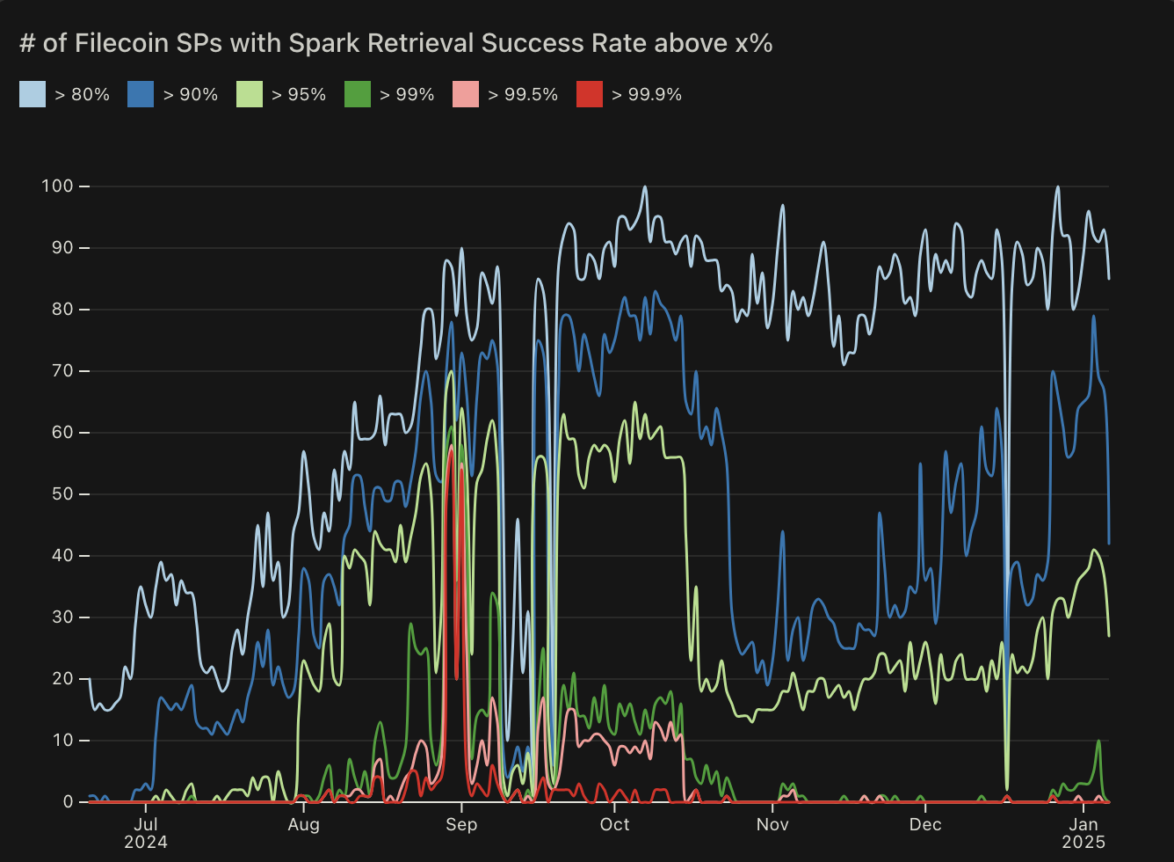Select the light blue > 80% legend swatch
(x=33, y=94)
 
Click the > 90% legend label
(x=191, y=94)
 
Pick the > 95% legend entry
(x=299, y=94)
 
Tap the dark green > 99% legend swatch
(x=358, y=94)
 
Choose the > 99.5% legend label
(x=523, y=94)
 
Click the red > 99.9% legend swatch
(x=590, y=94)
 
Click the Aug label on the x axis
(x=303, y=824)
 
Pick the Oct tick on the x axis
(x=615, y=824)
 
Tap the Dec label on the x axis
(x=925, y=824)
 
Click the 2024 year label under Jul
(x=146, y=842)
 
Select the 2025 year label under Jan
(x=1083, y=842)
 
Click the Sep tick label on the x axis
(x=461, y=824)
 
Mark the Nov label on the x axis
(x=772, y=824)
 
